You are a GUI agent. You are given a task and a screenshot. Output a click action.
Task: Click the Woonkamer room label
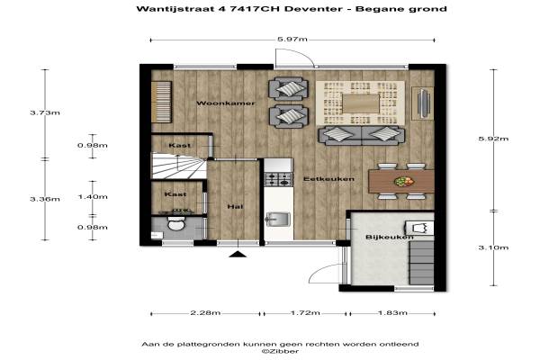[226, 103]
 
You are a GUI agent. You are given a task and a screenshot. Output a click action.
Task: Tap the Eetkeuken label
[328, 179]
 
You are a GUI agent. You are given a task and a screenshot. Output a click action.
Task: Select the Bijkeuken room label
[389, 237]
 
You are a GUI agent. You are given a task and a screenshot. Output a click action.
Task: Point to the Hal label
[235, 206]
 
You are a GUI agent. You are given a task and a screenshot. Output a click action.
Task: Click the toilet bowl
[176, 224]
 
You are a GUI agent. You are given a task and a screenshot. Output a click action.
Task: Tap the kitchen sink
[278, 220]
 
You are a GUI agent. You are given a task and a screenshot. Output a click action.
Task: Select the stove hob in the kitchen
[278, 179]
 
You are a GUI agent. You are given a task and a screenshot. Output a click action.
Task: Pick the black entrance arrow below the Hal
[238, 254]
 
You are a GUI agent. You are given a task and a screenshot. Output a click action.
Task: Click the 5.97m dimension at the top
[292, 39]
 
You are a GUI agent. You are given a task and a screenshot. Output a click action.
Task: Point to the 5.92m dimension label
[493, 139]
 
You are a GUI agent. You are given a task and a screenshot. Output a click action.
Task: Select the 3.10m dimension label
[493, 247]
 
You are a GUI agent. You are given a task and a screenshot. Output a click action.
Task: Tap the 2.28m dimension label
[205, 313]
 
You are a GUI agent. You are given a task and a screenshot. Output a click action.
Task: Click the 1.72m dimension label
[305, 313]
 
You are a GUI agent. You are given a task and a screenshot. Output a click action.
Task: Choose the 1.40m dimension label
[93, 197]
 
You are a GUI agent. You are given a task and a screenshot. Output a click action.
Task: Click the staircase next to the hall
[179, 166]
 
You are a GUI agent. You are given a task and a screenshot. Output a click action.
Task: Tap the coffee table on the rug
[361, 103]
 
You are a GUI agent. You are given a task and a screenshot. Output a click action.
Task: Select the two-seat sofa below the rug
[361, 135]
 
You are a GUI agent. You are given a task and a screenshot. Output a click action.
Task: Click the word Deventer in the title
[313, 9]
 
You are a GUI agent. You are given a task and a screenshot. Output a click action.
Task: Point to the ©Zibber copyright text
[280, 351]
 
